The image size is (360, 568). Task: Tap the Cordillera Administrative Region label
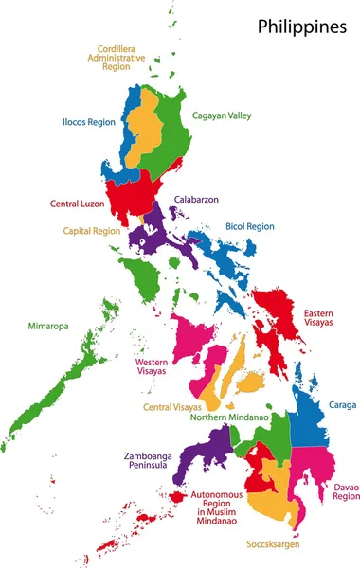coord(121,59)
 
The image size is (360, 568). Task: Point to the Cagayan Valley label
coord(227,115)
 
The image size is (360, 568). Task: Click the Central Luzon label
coord(77,204)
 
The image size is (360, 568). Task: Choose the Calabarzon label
coord(198,200)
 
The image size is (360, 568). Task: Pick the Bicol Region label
coord(249,227)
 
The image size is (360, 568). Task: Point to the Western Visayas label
coord(151,366)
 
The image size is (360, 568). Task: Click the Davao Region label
coord(346,491)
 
